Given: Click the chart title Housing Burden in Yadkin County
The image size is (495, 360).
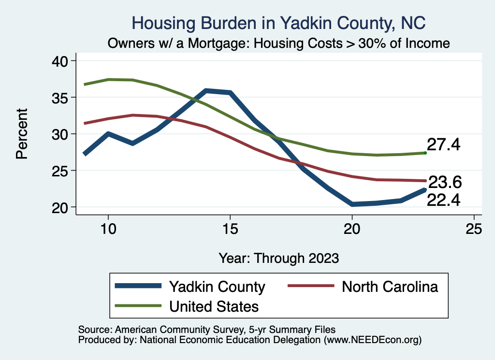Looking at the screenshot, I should [x=278, y=23].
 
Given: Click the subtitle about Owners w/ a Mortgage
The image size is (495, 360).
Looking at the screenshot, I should [x=279, y=43].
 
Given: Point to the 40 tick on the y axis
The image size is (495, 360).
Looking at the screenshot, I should [x=62, y=61].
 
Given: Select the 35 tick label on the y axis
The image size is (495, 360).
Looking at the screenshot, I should [x=62, y=98].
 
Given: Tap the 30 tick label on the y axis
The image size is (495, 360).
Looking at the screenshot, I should [x=62, y=134].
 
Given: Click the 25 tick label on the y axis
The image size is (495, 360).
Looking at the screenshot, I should [x=62, y=171].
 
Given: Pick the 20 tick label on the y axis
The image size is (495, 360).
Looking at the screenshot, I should [x=62, y=207].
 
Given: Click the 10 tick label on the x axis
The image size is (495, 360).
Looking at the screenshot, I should [x=108, y=229].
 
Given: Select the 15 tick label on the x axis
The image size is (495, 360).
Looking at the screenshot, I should [x=230, y=229].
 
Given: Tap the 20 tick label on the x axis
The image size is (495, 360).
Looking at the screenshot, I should [x=352, y=229].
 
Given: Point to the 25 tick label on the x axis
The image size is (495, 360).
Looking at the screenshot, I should [x=474, y=229].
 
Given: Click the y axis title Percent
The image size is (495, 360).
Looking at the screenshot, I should [x=21, y=134].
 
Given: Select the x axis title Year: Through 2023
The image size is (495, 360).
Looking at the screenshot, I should [x=278, y=258].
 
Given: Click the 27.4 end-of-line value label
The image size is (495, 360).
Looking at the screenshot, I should [x=443, y=144].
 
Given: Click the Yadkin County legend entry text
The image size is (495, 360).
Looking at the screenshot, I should [x=217, y=287].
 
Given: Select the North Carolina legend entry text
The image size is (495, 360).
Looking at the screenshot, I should [x=390, y=287].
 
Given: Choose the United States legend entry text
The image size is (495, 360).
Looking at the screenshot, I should [x=213, y=306].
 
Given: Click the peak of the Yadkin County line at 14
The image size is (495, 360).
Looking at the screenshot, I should [x=206, y=90].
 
